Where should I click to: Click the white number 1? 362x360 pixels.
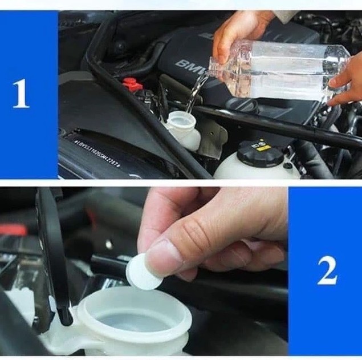21,94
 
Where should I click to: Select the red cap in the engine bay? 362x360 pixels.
132,85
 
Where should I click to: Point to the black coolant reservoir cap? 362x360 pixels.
260,153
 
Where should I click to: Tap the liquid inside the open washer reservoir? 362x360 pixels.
134,322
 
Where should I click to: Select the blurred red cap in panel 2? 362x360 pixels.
13,229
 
